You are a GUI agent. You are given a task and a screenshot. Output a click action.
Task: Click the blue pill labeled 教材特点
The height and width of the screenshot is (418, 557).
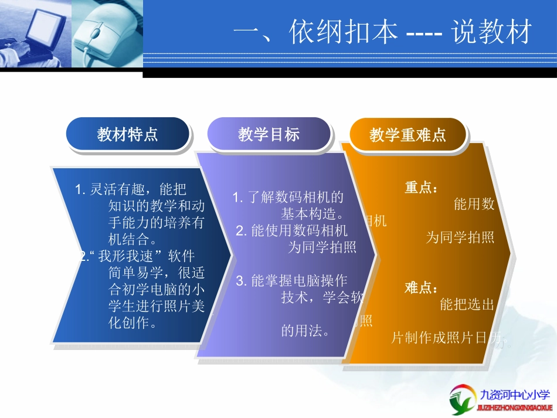[x=127, y=135]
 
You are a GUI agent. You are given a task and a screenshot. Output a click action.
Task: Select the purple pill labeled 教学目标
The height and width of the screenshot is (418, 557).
[x=269, y=134]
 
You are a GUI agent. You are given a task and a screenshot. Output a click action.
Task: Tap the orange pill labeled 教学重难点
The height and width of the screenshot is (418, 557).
[x=407, y=135]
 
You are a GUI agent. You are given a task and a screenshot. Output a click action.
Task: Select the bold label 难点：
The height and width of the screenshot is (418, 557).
[x=421, y=288]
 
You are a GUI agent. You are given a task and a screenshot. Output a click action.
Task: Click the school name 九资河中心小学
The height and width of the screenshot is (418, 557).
[x=515, y=395]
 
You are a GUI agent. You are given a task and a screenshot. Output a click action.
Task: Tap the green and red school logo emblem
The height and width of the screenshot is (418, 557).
[x=463, y=400]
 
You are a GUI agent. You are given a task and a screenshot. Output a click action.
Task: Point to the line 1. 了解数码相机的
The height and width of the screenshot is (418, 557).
[x=288, y=198]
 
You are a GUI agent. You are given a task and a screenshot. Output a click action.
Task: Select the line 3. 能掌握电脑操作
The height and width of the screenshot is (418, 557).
[x=291, y=281]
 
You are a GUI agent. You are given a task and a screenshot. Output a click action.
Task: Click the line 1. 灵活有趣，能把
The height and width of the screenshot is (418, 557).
[x=131, y=189]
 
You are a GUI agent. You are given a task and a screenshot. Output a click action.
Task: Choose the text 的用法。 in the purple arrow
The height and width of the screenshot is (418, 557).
[x=305, y=331]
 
